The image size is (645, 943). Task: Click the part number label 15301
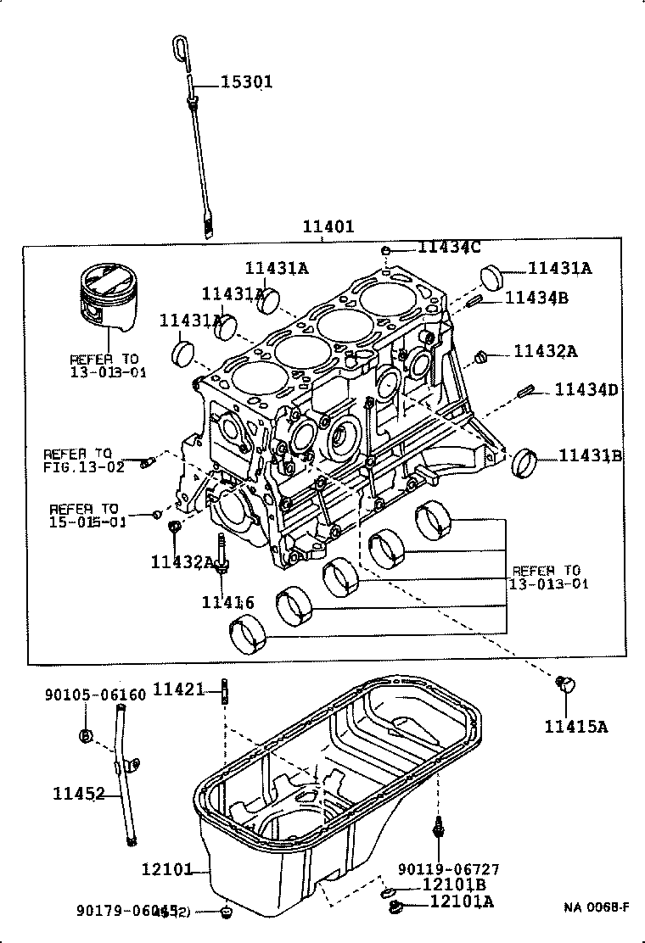click(247, 82)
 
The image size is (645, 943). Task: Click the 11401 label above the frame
click(328, 227)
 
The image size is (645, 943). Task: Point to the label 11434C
click(449, 247)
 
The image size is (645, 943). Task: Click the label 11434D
click(587, 389)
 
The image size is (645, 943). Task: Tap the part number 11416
click(227, 602)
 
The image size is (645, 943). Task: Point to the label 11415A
click(577, 726)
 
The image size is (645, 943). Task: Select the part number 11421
click(179, 689)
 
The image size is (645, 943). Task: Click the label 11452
click(79, 794)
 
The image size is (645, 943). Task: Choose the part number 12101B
click(454, 884)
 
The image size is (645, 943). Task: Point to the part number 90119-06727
click(449, 869)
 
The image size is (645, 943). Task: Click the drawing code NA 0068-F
click(597, 907)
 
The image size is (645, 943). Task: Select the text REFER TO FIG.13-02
click(84, 460)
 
